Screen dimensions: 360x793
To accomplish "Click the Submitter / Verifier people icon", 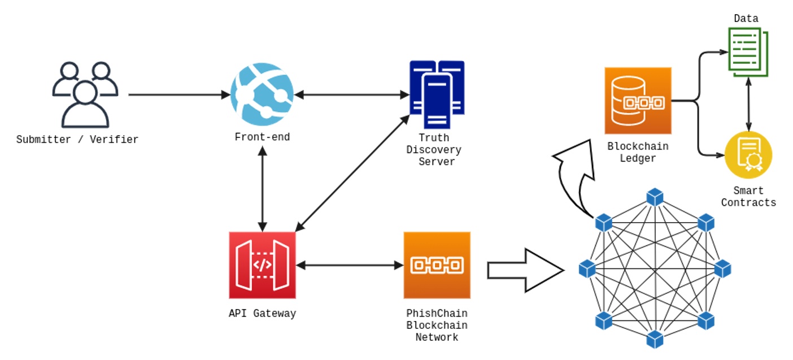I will pyautogui.click(x=85, y=94).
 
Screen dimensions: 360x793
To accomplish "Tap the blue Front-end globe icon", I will pyautogui.click(x=262, y=94).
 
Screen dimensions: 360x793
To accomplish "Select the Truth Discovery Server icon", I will pyautogui.click(x=437, y=94).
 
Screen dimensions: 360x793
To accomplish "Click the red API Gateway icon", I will pyautogui.click(x=262, y=265).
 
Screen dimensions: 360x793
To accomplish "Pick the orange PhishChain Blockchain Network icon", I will pyautogui.click(x=437, y=265).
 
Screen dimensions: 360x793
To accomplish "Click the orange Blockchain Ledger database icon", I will pyautogui.click(x=638, y=101).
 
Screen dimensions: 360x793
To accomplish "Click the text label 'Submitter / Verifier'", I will pyautogui.click(x=77, y=140).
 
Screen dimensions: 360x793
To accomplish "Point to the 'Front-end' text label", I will pyautogui.click(x=262, y=137).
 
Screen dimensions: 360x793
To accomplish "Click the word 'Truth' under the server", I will pyautogui.click(x=434, y=138).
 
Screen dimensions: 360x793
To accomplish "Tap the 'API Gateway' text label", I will pyautogui.click(x=262, y=314).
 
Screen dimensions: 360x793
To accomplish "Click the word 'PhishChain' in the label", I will pyautogui.click(x=437, y=314).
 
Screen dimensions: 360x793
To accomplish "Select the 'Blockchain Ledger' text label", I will pyautogui.click(x=638, y=152).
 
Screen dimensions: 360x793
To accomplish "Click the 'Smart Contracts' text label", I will pyautogui.click(x=748, y=197).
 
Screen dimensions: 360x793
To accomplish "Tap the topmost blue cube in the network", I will pyautogui.click(x=655, y=197).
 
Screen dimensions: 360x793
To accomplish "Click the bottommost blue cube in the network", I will pyautogui.click(x=655, y=339).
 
